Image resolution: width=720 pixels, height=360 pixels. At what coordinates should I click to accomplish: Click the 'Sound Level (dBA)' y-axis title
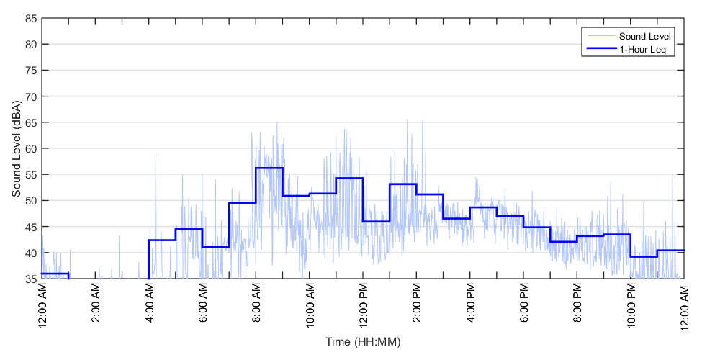pyautogui.click(x=16, y=148)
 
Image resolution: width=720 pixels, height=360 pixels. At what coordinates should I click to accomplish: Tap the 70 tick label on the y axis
pyautogui.click(x=31, y=96)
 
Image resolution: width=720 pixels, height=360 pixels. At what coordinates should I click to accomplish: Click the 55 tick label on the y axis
pyautogui.click(x=31, y=174)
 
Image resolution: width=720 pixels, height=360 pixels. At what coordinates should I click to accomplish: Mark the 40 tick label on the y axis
pyautogui.click(x=31, y=253)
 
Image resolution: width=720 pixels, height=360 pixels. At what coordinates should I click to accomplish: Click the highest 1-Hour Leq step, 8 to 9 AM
pyautogui.click(x=269, y=168)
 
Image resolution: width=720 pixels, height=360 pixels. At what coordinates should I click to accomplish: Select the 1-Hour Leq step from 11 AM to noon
pyautogui.click(x=349, y=178)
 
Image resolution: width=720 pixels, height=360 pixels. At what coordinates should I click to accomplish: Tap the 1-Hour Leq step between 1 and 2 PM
pyautogui.click(x=403, y=184)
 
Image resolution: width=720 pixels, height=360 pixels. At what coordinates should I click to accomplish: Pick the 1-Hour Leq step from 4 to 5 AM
pyautogui.click(x=162, y=240)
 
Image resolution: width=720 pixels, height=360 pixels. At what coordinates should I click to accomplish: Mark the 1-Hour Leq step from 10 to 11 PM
pyautogui.click(x=644, y=256)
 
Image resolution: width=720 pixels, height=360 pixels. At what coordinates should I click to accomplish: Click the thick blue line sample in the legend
pyautogui.click(x=600, y=50)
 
